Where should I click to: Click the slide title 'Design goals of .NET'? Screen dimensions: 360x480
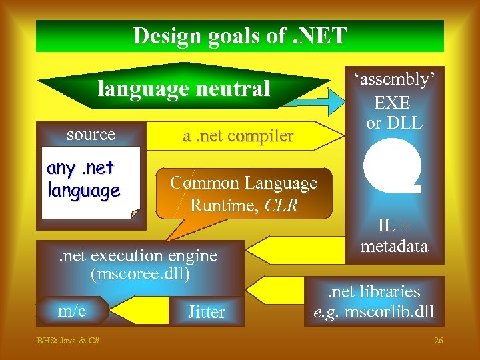point(239,35)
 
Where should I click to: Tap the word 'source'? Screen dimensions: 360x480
point(91,135)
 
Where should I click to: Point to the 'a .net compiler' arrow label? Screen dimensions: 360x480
point(238,136)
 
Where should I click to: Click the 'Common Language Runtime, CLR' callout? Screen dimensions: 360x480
point(244,193)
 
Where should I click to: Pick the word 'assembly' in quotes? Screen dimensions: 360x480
point(394,79)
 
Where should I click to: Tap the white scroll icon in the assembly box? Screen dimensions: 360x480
point(393,168)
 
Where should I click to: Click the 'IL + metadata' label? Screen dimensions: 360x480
point(393,236)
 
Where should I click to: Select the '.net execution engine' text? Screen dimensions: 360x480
point(139,255)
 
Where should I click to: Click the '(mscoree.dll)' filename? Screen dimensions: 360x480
point(141,273)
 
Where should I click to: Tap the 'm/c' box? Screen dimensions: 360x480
point(71,309)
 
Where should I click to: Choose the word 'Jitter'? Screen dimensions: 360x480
point(207,311)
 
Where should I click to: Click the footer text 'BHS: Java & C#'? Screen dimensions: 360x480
point(68,341)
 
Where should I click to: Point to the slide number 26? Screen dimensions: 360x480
point(438,341)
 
